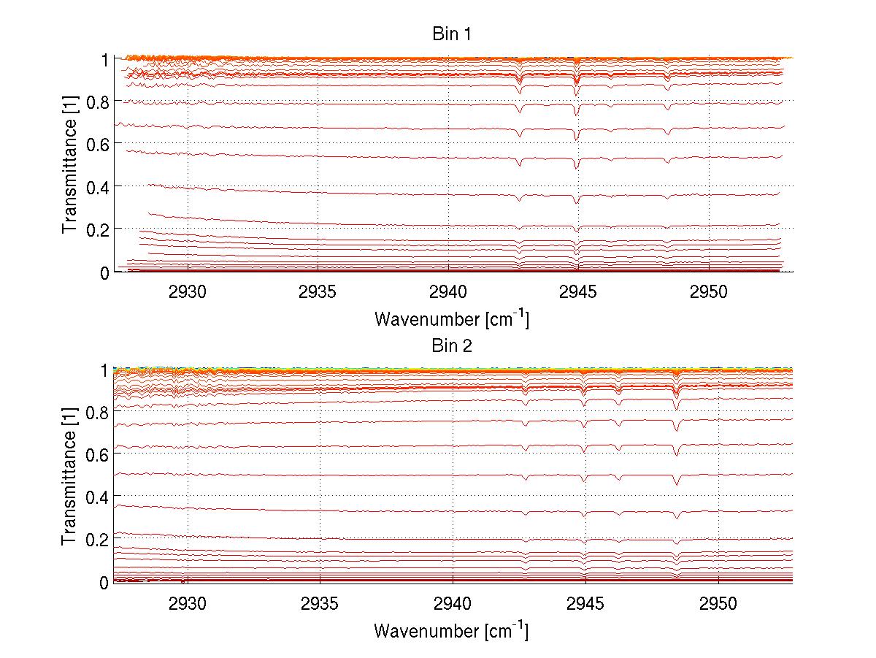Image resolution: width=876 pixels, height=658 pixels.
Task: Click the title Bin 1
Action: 452,34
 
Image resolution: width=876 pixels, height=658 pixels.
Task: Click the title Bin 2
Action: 452,345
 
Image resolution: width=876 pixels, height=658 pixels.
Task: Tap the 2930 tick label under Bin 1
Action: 188,291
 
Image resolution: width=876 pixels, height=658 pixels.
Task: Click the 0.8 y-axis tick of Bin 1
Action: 99,102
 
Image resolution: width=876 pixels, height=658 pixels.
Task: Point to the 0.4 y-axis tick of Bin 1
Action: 99,187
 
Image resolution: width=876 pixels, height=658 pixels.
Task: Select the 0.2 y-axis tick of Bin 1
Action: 99,229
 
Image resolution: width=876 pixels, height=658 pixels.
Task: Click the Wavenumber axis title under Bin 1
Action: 451,318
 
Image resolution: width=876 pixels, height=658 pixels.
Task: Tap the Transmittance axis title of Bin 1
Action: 70,165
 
